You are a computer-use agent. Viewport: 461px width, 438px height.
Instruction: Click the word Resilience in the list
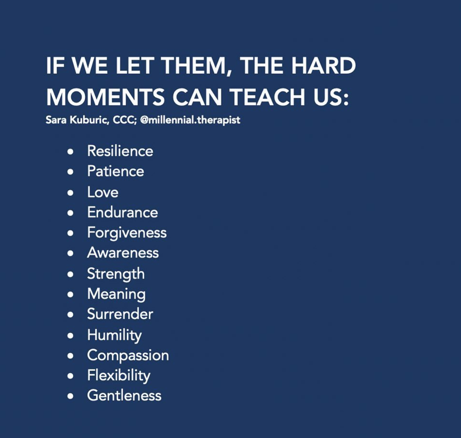pos(120,151)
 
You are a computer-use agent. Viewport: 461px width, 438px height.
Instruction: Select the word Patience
pos(115,171)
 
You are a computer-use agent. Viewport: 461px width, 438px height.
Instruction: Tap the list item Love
pos(103,192)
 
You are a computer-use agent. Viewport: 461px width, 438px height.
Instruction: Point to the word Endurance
pos(122,212)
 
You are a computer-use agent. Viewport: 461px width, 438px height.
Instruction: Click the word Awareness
pos(123,253)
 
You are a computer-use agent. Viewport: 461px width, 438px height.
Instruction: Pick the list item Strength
pos(116,274)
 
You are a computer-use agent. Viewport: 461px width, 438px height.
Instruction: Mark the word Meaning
pos(117,294)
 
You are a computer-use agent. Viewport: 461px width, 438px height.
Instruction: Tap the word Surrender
pos(120,314)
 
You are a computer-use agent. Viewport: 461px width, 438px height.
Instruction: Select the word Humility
pos(114,335)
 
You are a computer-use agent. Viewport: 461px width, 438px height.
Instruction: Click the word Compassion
pos(128,356)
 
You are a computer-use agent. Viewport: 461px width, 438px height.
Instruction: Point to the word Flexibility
pos(119,376)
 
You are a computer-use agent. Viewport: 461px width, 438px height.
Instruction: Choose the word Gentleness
pos(124,395)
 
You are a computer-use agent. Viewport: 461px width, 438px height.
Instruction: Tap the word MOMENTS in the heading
pos(105,97)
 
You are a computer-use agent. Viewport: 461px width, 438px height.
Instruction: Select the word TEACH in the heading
pos(267,97)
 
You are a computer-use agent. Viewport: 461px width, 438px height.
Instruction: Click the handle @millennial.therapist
pos(190,120)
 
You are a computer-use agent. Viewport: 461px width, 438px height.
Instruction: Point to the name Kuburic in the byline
pos(89,120)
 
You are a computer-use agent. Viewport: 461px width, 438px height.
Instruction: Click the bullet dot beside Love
pos(70,193)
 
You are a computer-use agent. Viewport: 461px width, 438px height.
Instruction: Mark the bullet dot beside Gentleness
pos(70,396)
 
